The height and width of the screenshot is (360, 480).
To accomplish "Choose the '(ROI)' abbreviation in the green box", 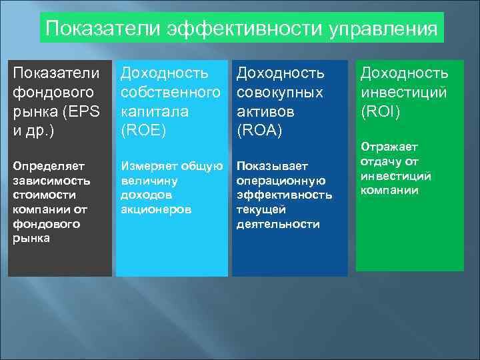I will point(381,110).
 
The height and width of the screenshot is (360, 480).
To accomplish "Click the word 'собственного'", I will point(170,91).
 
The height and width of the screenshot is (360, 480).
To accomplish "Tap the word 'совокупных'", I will point(280,91).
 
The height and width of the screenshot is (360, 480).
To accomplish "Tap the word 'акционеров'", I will point(156,209).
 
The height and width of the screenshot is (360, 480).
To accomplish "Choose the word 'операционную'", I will point(281,181).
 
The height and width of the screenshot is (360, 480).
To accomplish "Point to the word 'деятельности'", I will point(278,225).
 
